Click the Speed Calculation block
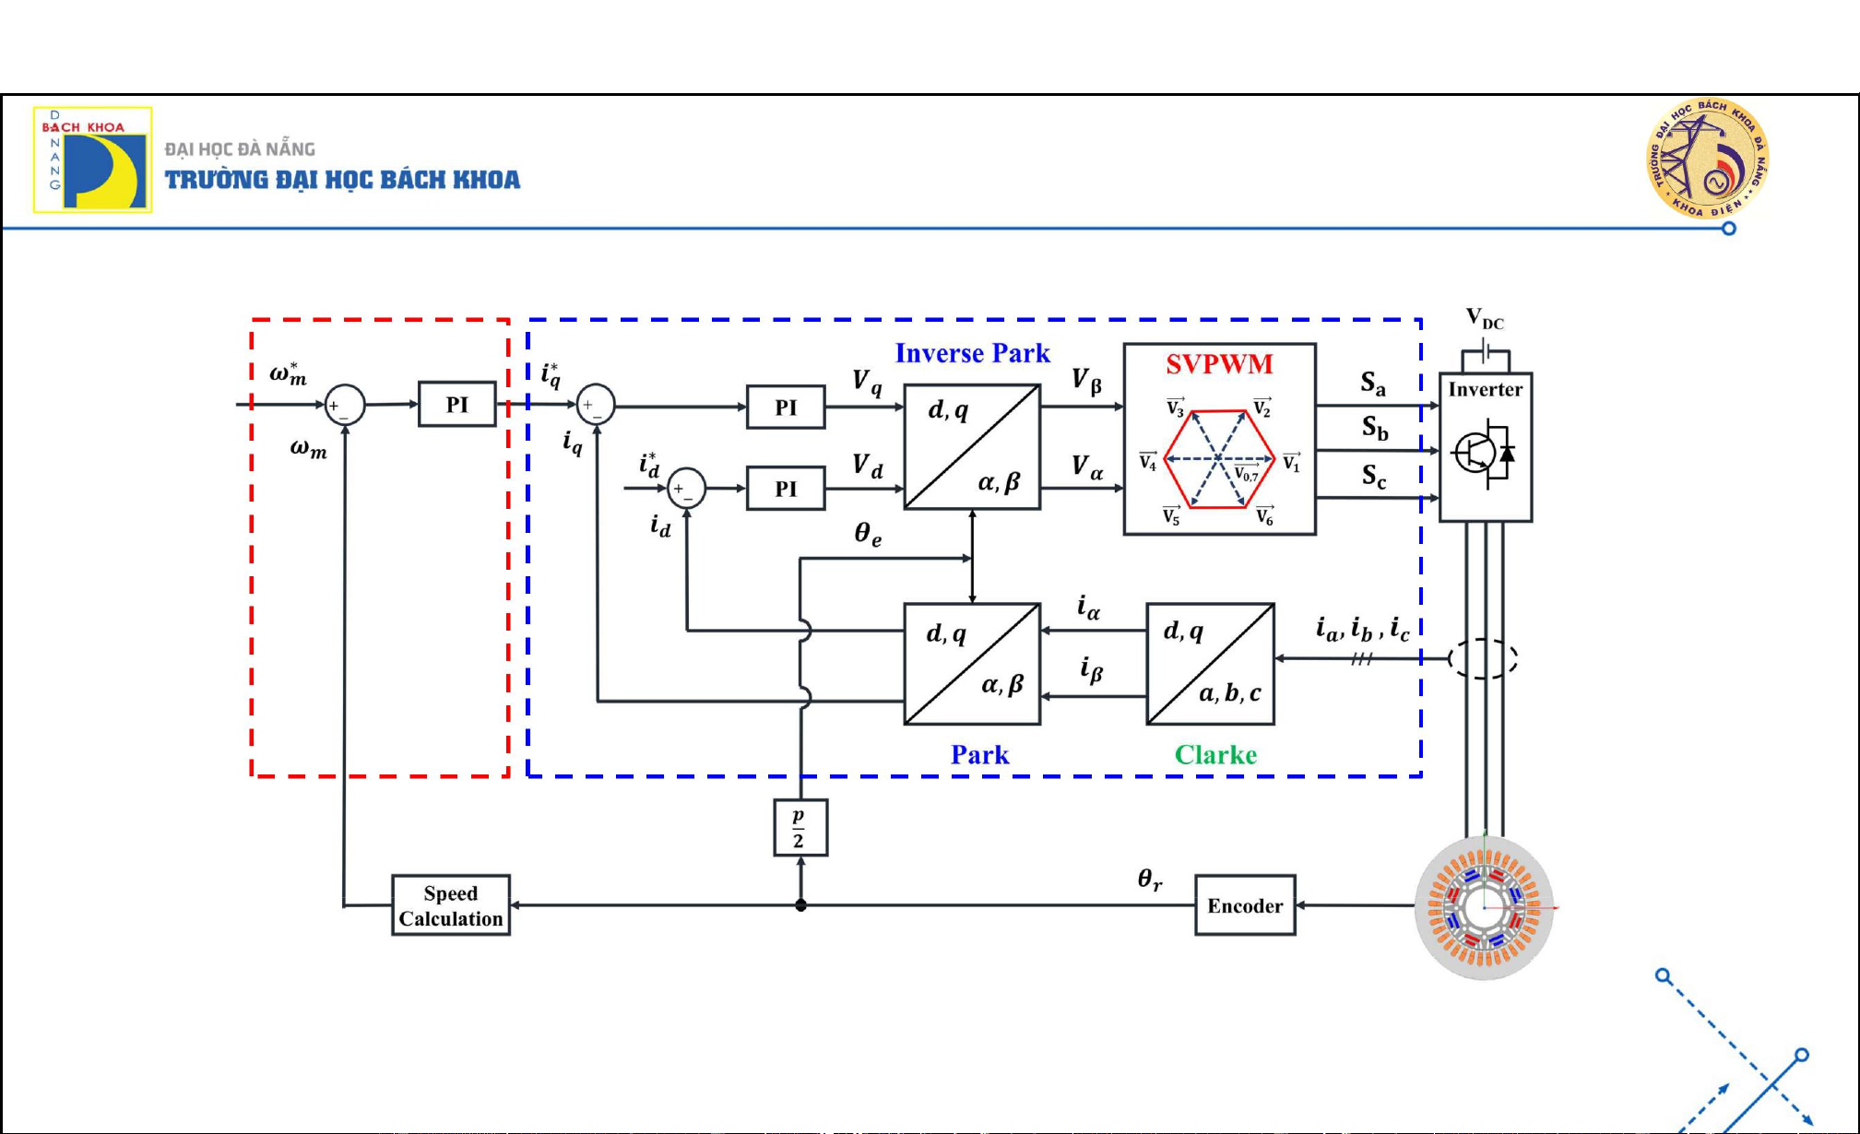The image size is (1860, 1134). point(451,905)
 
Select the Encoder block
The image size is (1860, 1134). point(1245,905)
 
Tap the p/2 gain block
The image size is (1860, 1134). point(800,828)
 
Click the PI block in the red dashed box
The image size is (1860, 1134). point(457,405)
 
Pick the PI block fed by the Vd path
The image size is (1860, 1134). point(786,489)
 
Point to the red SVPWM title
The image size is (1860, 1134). point(1219,364)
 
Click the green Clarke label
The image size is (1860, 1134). point(1215,755)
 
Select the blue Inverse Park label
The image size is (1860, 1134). point(972,353)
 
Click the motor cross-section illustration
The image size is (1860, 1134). point(1484,908)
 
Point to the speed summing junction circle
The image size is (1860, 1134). point(345,405)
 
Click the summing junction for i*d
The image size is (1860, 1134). point(686,489)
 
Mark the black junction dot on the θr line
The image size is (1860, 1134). point(800,905)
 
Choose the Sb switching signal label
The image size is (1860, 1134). point(1375,428)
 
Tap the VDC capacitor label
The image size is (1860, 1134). point(1485,319)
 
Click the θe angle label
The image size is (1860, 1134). point(867,534)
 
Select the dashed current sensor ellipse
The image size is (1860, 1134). point(1483,658)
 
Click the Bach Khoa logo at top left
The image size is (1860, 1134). point(93,159)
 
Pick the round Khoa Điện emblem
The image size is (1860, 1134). point(1708,159)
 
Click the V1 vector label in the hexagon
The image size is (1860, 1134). point(1291,462)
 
